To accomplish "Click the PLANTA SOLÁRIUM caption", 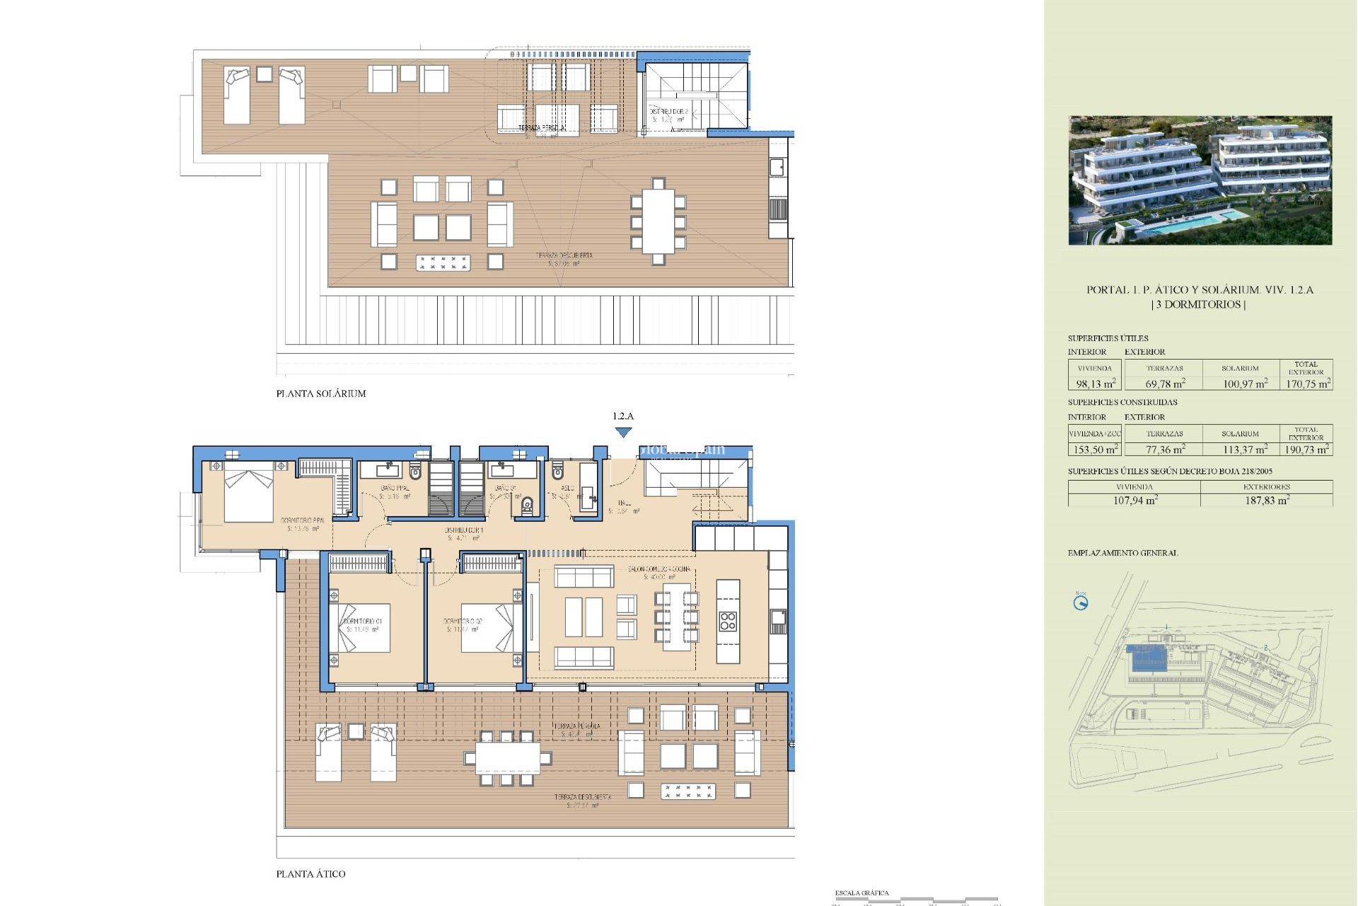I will (x=321, y=394).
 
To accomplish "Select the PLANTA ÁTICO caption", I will (x=311, y=874).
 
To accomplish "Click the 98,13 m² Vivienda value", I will (x=1095, y=384).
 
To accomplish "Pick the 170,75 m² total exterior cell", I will (x=1307, y=384).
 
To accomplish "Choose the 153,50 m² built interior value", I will (x=1095, y=449).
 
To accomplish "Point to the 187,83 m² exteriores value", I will (x=1267, y=500).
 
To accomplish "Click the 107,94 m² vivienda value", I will (x=1134, y=500).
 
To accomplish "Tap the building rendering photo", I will (x=1200, y=180).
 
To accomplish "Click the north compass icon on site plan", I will (x=1080, y=603).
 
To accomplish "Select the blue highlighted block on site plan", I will (x=1149, y=659).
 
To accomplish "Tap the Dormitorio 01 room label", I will (x=363, y=621).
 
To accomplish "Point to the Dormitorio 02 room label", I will (x=463, y=621).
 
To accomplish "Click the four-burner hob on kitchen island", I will (x=728, y=621).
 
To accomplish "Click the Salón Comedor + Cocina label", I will (x=659, y=569).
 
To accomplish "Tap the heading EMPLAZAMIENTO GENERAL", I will (x=1122, y=553).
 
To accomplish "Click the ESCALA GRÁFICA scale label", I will (x=861, y=893).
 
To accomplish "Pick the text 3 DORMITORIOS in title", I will (x=1200, y=304).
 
